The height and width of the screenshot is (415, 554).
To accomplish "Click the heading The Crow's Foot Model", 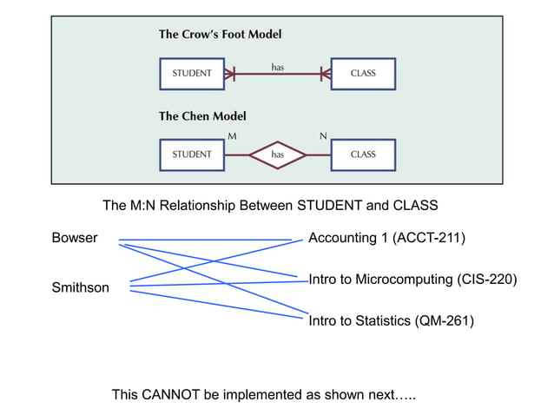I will (x=220, y=35).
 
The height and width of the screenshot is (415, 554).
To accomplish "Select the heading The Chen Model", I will (x=202, y=115).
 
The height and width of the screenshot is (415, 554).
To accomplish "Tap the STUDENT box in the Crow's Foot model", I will (x=192, y=74).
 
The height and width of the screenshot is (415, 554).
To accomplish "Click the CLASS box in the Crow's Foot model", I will (x=363, y=74).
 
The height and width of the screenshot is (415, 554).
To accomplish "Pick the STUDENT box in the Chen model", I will (x=192, y=155).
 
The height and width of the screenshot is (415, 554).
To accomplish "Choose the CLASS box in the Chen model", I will (x=363, y=155).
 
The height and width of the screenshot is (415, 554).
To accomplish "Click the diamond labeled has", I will (x=278, y=155).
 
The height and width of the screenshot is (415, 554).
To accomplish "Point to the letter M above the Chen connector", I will (x=231, y=136).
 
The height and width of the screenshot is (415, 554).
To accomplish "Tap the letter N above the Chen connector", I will (x=323, y=136).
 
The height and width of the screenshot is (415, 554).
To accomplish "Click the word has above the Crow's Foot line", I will (x=278, y=65).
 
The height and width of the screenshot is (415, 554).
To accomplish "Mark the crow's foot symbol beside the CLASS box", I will (x=325, y=74).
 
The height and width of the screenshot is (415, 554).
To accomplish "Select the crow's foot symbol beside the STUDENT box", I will (x=230, y=74).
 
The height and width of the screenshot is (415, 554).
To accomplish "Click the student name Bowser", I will (x=75, y=238).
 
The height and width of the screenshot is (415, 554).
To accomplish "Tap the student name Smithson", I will (x=81, y=287).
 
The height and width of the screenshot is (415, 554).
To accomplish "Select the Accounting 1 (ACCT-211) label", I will (x=387, y=238).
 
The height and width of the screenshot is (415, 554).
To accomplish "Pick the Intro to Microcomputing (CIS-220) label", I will (x=412, y=280).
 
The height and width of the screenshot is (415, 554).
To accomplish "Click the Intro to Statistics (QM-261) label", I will (x=392, y=321).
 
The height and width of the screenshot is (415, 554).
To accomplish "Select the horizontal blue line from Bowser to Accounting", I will (x=205, y=239).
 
